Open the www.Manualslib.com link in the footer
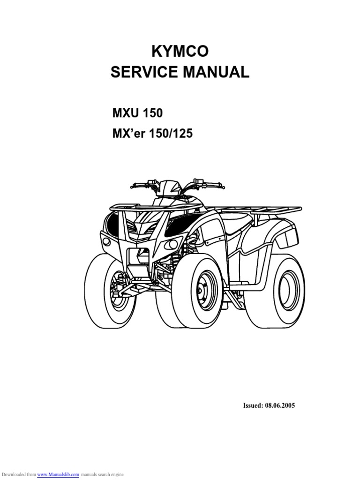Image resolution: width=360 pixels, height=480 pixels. tap(58, 474)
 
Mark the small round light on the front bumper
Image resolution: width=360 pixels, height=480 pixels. tap(107, 241)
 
